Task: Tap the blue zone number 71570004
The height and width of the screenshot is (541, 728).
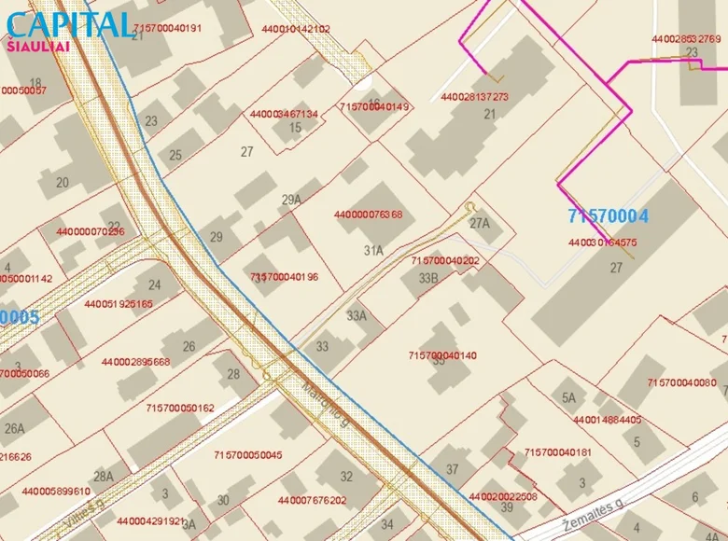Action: [608, 216]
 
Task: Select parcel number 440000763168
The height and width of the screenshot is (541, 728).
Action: [368, 215]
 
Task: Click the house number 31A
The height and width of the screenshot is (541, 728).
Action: [373, 250]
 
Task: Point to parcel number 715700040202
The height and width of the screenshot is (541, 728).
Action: [444, 261]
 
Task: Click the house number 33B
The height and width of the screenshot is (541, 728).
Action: [428, 278]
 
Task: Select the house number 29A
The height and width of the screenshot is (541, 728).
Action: [291, 200]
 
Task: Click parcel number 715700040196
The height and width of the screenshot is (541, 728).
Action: [284, 277]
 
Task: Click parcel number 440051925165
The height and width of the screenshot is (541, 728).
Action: [119, 304]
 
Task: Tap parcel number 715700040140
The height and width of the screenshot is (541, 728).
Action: [442, 355]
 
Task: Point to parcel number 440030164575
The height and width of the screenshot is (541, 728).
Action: [602, 243]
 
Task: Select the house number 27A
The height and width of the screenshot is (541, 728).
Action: [479, 224]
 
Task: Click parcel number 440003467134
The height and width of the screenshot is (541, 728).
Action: [284, 114]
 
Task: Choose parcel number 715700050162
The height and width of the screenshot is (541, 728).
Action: [180, 408]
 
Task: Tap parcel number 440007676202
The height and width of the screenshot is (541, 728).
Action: [312, 501]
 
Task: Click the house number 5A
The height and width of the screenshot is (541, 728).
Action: [568, 398]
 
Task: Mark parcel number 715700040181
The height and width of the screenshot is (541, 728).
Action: [558, 452]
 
